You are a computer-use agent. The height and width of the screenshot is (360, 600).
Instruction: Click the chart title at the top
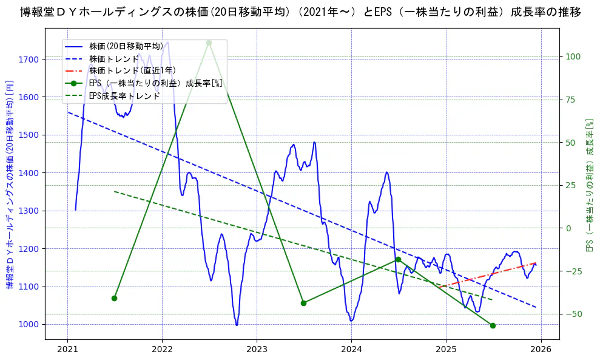pyautogui.click(x=300, y=12)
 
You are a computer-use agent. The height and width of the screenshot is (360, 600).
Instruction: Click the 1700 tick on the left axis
pyautogui.click(x=29, y=59)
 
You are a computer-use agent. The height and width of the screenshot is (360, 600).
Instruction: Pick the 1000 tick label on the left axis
pyautogui.click(x=29, y=325)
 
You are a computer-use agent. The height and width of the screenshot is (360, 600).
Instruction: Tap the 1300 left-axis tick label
pyautogui.click(x=29, y=211)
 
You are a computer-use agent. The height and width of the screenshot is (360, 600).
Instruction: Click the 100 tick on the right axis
pyautogui.click(x=573, y=56)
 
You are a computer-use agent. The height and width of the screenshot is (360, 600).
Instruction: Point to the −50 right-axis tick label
pyautogui.click(x=573, y=314)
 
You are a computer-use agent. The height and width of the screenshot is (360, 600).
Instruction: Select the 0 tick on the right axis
pyautogui.click(x=569, y=228)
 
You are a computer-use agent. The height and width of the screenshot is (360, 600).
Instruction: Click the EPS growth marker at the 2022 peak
pyautogui.click(x=209, y=42)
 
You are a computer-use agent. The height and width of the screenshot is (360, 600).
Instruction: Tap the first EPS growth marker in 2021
pyautogui.click(x=114, y=298)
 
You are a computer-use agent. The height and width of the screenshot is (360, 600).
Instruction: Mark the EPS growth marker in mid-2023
pyautogui.click(x=303, y=303)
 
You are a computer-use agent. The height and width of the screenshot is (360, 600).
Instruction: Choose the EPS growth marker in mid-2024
pyautogui.click(x=398, y=259)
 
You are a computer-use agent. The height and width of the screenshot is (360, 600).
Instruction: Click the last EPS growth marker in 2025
pyautogui.click(x=493, y=325)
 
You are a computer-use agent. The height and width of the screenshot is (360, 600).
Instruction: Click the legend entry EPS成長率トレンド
pyautogui.click(x=124, y=96)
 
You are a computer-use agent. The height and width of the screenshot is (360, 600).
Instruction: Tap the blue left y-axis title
pyautogui.click(x=10, y=185)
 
